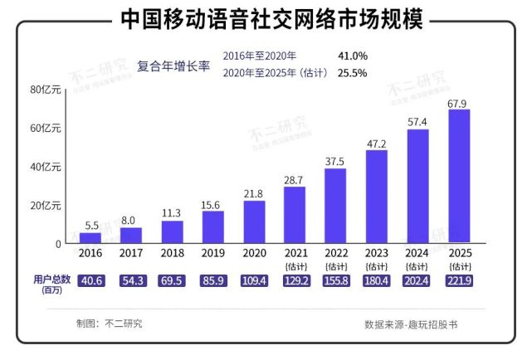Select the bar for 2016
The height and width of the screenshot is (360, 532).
point(90,238)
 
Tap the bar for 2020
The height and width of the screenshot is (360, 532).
point(254,221)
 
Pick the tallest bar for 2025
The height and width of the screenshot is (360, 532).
point(459,176)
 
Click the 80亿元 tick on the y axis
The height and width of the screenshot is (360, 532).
point(46,90)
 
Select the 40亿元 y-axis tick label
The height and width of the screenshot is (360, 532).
point(46,167)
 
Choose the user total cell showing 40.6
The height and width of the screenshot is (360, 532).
point(90,281)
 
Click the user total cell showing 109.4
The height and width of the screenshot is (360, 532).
point(254,281)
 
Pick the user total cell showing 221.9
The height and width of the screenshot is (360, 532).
point(459,281)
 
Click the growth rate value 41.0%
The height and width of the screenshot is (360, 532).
point(353,56)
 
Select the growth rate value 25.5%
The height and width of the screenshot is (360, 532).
point(353,73)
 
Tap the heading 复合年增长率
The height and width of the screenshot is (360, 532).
point(173,66)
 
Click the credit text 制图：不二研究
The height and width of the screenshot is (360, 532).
point(109,324)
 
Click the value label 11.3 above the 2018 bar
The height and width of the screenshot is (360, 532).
point(172,212)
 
